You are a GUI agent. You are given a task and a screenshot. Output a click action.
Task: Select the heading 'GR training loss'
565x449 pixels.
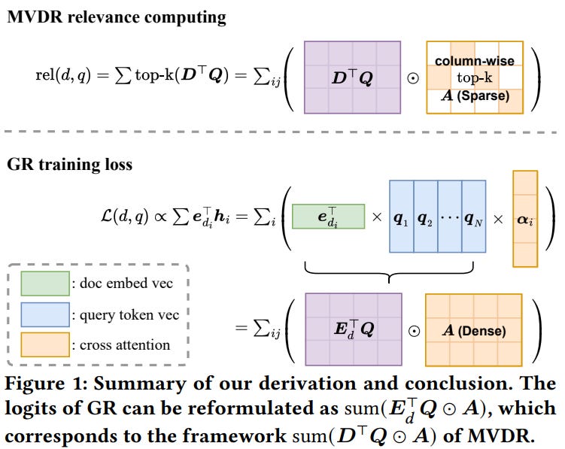[x=69, y=165]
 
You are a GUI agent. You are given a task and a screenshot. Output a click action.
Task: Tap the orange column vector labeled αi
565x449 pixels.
[x=525, y=219]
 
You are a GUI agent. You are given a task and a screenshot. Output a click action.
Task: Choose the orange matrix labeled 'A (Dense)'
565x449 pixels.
[x=472, y=329]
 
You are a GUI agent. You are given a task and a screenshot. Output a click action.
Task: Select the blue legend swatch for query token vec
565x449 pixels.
[x=44, y=314]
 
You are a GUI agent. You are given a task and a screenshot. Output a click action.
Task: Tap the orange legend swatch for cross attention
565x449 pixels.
[x=44, y=344]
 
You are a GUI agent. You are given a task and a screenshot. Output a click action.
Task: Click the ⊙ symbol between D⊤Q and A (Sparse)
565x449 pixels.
[x=412, y=77]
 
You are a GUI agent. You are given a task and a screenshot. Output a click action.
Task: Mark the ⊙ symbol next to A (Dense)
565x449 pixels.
[x=412, y=329]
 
